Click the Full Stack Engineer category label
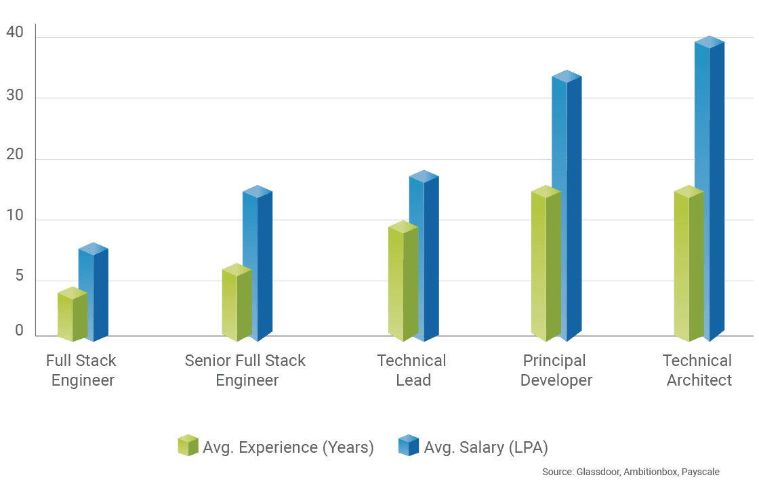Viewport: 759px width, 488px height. (x=82, y=370)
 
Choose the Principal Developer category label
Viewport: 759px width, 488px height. (x=555, y=370)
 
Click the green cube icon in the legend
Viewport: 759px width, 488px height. (x=187, y=445)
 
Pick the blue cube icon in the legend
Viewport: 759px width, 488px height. (x=409, y=445)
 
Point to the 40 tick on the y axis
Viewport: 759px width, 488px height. (x=16, y=33)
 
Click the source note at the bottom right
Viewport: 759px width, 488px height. (x=631, y=472)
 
